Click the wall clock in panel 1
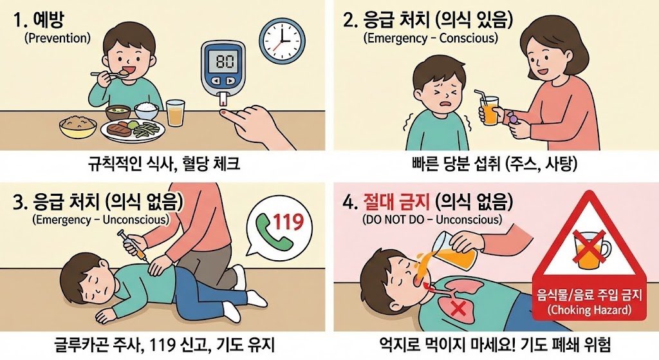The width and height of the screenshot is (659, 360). (281, 39)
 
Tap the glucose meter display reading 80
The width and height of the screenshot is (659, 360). (224, 63)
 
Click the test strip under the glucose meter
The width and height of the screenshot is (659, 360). (223, 100)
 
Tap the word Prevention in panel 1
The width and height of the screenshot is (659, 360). (57, 38)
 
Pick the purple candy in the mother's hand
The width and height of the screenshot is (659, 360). (511, 118)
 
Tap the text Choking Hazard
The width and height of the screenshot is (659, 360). (583, 310)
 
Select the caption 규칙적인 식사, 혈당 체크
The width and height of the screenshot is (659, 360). (164, 164)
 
